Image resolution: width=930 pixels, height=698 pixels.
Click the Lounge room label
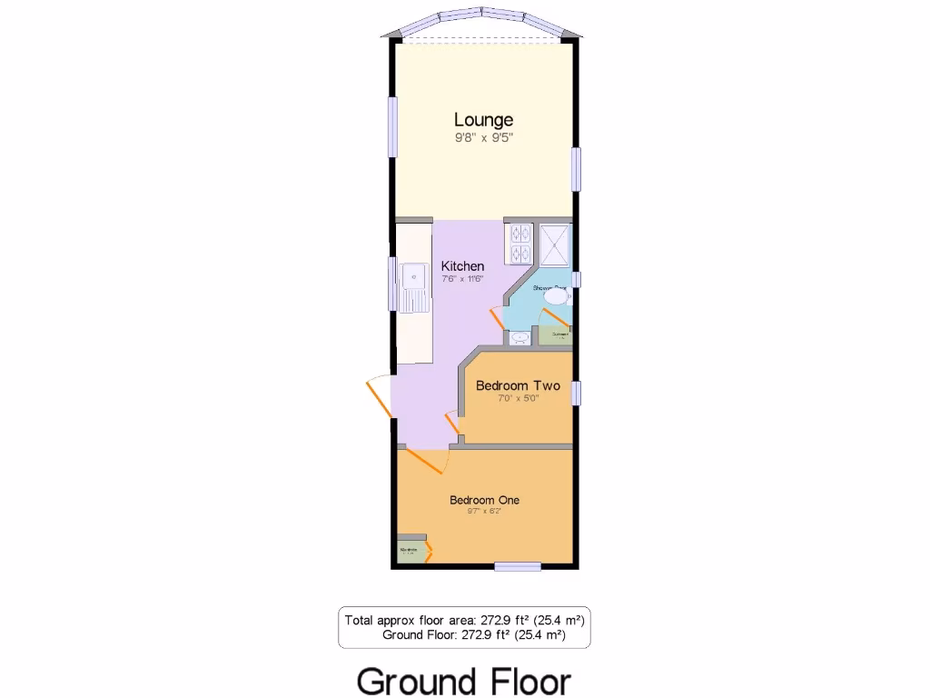click(x=483, y=120)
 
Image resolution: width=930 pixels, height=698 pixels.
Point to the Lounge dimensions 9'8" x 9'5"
click(x=483, y=138)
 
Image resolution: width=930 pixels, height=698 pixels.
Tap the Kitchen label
click(x=462, y=265)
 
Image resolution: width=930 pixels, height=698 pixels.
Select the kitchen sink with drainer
click(x=417, y=285)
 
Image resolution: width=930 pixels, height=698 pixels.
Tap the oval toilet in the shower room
click(x=554, y=295)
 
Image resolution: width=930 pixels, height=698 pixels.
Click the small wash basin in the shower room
click(x=520, y=337)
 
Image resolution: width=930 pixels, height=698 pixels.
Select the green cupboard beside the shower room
click(x=556, y=336)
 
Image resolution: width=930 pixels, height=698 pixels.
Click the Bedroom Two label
click(x=518, y=385)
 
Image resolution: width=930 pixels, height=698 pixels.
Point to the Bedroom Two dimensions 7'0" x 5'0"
click(x=518, y=398)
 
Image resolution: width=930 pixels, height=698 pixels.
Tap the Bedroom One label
click(x=484, y=500)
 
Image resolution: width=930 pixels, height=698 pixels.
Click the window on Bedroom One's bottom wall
click(x=518, y=566)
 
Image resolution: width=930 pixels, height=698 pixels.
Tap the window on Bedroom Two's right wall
click(x=576, y=393)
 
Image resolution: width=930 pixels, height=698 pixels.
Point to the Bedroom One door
click(x=425, y=460)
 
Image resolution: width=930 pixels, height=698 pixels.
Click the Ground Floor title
click(x=463, y=680)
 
